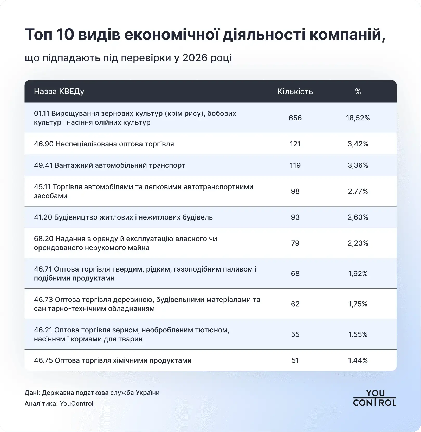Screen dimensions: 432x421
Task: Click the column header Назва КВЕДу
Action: (59, 92)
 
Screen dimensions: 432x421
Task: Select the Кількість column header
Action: (295, 92)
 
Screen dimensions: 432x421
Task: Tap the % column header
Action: (358, 92)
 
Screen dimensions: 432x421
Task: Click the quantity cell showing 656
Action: (295, 118)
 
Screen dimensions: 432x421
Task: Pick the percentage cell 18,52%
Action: (358, 118)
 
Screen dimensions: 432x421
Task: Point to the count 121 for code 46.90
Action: (295, 144)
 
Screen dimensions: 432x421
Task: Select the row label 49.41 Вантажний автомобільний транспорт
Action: (109, 165)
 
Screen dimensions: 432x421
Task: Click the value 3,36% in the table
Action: (358, 165)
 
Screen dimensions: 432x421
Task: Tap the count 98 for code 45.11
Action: (295, 191)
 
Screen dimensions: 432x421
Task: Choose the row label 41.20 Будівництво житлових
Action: (123, 217)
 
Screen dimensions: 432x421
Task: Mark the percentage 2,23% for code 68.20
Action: (358, 243)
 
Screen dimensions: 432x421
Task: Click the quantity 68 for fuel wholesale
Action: (295, 273)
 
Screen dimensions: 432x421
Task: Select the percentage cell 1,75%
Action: (358, 304)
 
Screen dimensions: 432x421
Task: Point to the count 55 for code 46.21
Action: (295, 334)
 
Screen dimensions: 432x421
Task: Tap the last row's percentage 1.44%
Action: (358, 360)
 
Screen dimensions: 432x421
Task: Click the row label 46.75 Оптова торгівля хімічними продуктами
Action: (113, 360)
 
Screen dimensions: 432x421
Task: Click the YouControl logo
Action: (375, 398)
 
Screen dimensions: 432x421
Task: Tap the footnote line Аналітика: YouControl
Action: (59, 403)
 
